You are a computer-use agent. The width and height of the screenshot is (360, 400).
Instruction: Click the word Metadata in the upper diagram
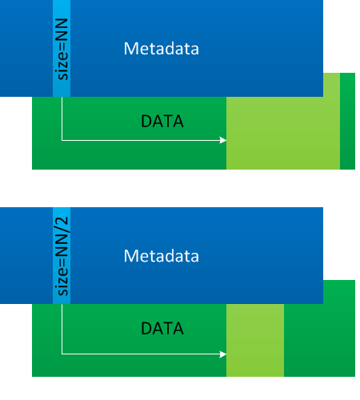pos(162,49)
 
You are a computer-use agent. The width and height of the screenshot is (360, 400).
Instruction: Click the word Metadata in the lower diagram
pos(162,256)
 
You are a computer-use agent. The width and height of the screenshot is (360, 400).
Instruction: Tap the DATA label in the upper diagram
pos(162,122)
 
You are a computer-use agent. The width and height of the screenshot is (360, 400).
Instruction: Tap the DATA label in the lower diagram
pos(162,328)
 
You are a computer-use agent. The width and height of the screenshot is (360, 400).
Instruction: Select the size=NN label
pos(62,49)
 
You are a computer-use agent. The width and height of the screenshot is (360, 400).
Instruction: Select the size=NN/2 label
pos(62,256)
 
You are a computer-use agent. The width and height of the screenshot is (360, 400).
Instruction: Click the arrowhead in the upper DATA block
pos(223,140)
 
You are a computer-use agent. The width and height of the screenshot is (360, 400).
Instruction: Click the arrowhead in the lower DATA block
pos(223,354)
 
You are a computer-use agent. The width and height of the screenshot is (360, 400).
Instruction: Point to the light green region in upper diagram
pos(283,133)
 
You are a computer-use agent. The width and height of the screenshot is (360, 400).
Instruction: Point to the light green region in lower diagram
pos(255,340)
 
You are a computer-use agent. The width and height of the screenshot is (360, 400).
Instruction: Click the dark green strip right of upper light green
pos(347,121)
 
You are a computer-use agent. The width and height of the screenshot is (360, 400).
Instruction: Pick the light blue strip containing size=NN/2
pos(62,255)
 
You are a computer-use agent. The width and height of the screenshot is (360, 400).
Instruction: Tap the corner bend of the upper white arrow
pos(62,140)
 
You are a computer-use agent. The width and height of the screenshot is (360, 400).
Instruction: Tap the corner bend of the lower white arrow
pos(62,354)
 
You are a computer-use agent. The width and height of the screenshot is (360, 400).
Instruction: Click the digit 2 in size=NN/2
pos(62,222)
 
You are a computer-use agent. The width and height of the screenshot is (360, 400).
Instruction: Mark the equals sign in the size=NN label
pos(63,46)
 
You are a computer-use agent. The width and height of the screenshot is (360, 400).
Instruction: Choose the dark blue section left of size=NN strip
pos(26,48)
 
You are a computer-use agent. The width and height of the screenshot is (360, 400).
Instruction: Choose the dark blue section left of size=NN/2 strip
pos(26,255)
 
